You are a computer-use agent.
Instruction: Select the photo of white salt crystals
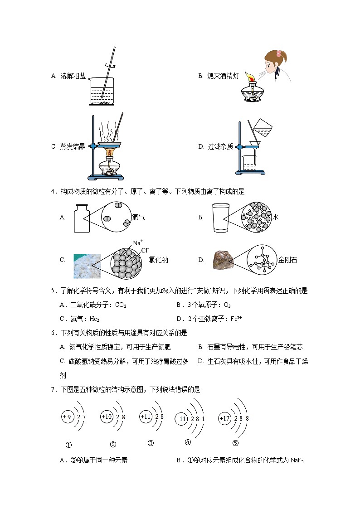pos(87,266)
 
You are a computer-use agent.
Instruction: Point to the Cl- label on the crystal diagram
pos(145,250)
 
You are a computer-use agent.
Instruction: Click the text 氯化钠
pos(158,260)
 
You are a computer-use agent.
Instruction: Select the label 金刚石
pos(288,260)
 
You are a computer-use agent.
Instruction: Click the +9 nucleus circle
pos(68,416)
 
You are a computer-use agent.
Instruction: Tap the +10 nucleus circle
pos(107,417)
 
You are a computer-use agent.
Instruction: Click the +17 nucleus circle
pos(225,418)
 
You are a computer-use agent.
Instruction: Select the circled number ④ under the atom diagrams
pos(188,442)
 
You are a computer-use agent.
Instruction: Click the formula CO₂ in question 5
pos(121,305)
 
